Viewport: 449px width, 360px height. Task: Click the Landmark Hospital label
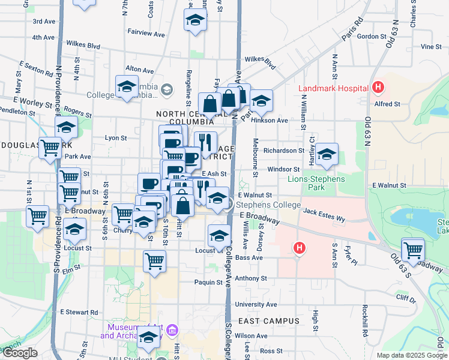(333, 89)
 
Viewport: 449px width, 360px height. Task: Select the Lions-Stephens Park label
(316, 183)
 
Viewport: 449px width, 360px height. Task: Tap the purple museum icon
(173, 330)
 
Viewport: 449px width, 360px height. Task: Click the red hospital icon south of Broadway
(299, 247)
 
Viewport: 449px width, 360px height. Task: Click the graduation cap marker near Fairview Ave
(194, 21)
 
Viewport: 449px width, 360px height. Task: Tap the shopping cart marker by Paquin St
(155, 262)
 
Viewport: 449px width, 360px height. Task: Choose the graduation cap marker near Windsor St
(327, 154)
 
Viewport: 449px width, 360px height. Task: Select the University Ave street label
(256, 304)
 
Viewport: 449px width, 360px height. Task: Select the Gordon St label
(366, 36)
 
